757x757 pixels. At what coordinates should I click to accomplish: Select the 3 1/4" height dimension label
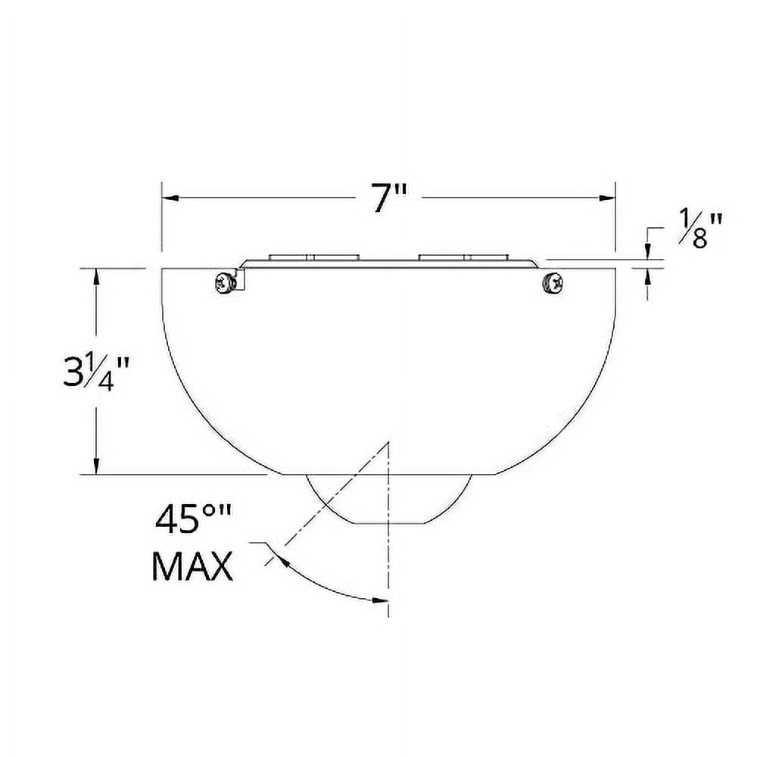click(x=97, y=371)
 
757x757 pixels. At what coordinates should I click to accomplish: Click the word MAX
click(x=192, y=566)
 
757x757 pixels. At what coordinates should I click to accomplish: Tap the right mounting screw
click(x=553, y=282)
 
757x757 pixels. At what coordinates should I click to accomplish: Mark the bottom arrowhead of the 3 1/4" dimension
click(x=96, y=467)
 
